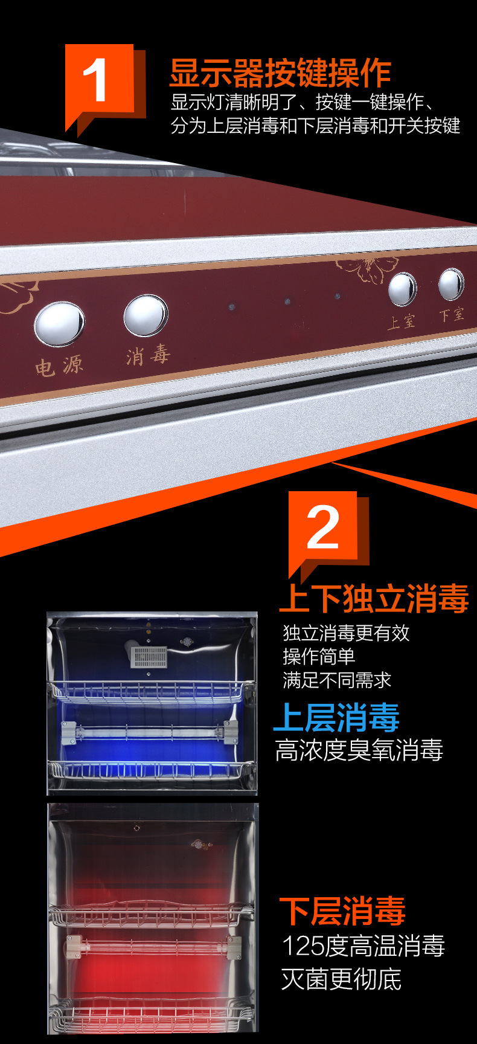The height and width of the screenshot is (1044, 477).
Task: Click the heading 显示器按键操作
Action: (x=280, y=73)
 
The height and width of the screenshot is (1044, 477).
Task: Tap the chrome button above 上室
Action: (x=402, y=289)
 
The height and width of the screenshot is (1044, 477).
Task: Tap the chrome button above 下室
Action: (x=451, y=284)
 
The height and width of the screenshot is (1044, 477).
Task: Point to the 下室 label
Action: (x=452, y=314)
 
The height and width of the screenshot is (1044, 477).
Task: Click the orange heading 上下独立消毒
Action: (x=374, y=599)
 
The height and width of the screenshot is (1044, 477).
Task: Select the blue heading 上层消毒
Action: (x=337, y=717)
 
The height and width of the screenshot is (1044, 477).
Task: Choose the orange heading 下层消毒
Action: (x=342, y=911)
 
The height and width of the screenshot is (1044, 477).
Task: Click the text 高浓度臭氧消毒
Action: (x=359, y=750)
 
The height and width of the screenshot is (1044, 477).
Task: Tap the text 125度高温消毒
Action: (x=363, y=946)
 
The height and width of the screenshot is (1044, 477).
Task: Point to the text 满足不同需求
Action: (x=337, y=680)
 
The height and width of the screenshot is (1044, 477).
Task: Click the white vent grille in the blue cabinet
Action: (x=149, y=657)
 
